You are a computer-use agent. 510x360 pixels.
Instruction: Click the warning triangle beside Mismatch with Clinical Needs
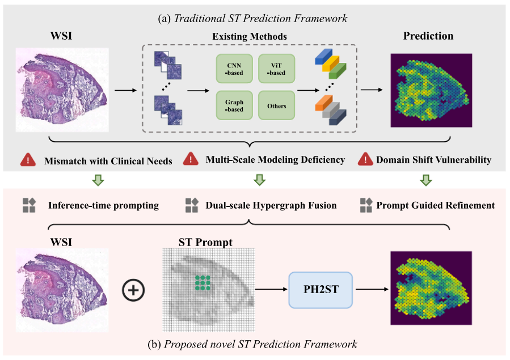point(28,160)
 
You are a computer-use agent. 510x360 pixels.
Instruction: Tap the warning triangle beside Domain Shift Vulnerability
point(365,160)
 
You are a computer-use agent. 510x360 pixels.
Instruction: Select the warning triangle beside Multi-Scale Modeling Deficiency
point(191,160)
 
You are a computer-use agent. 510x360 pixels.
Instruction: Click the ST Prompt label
point(205,243)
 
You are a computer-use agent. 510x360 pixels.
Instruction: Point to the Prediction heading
point(428,36)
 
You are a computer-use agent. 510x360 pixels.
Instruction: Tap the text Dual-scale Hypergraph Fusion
point(271,205)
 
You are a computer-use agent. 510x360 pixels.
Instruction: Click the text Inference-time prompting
point(104,205)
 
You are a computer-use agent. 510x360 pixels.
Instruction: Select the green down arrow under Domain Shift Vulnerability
point(426,180)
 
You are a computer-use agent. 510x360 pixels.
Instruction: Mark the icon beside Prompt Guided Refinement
point(366,205)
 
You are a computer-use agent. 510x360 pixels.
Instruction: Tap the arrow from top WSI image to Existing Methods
point(125,90)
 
